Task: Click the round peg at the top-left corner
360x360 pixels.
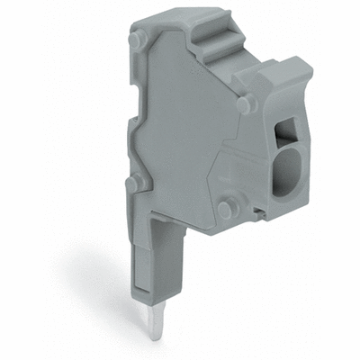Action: coord(136,40)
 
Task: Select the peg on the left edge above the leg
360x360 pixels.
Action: coord(134,184)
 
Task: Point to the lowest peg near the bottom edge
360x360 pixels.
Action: coord(224,208)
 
